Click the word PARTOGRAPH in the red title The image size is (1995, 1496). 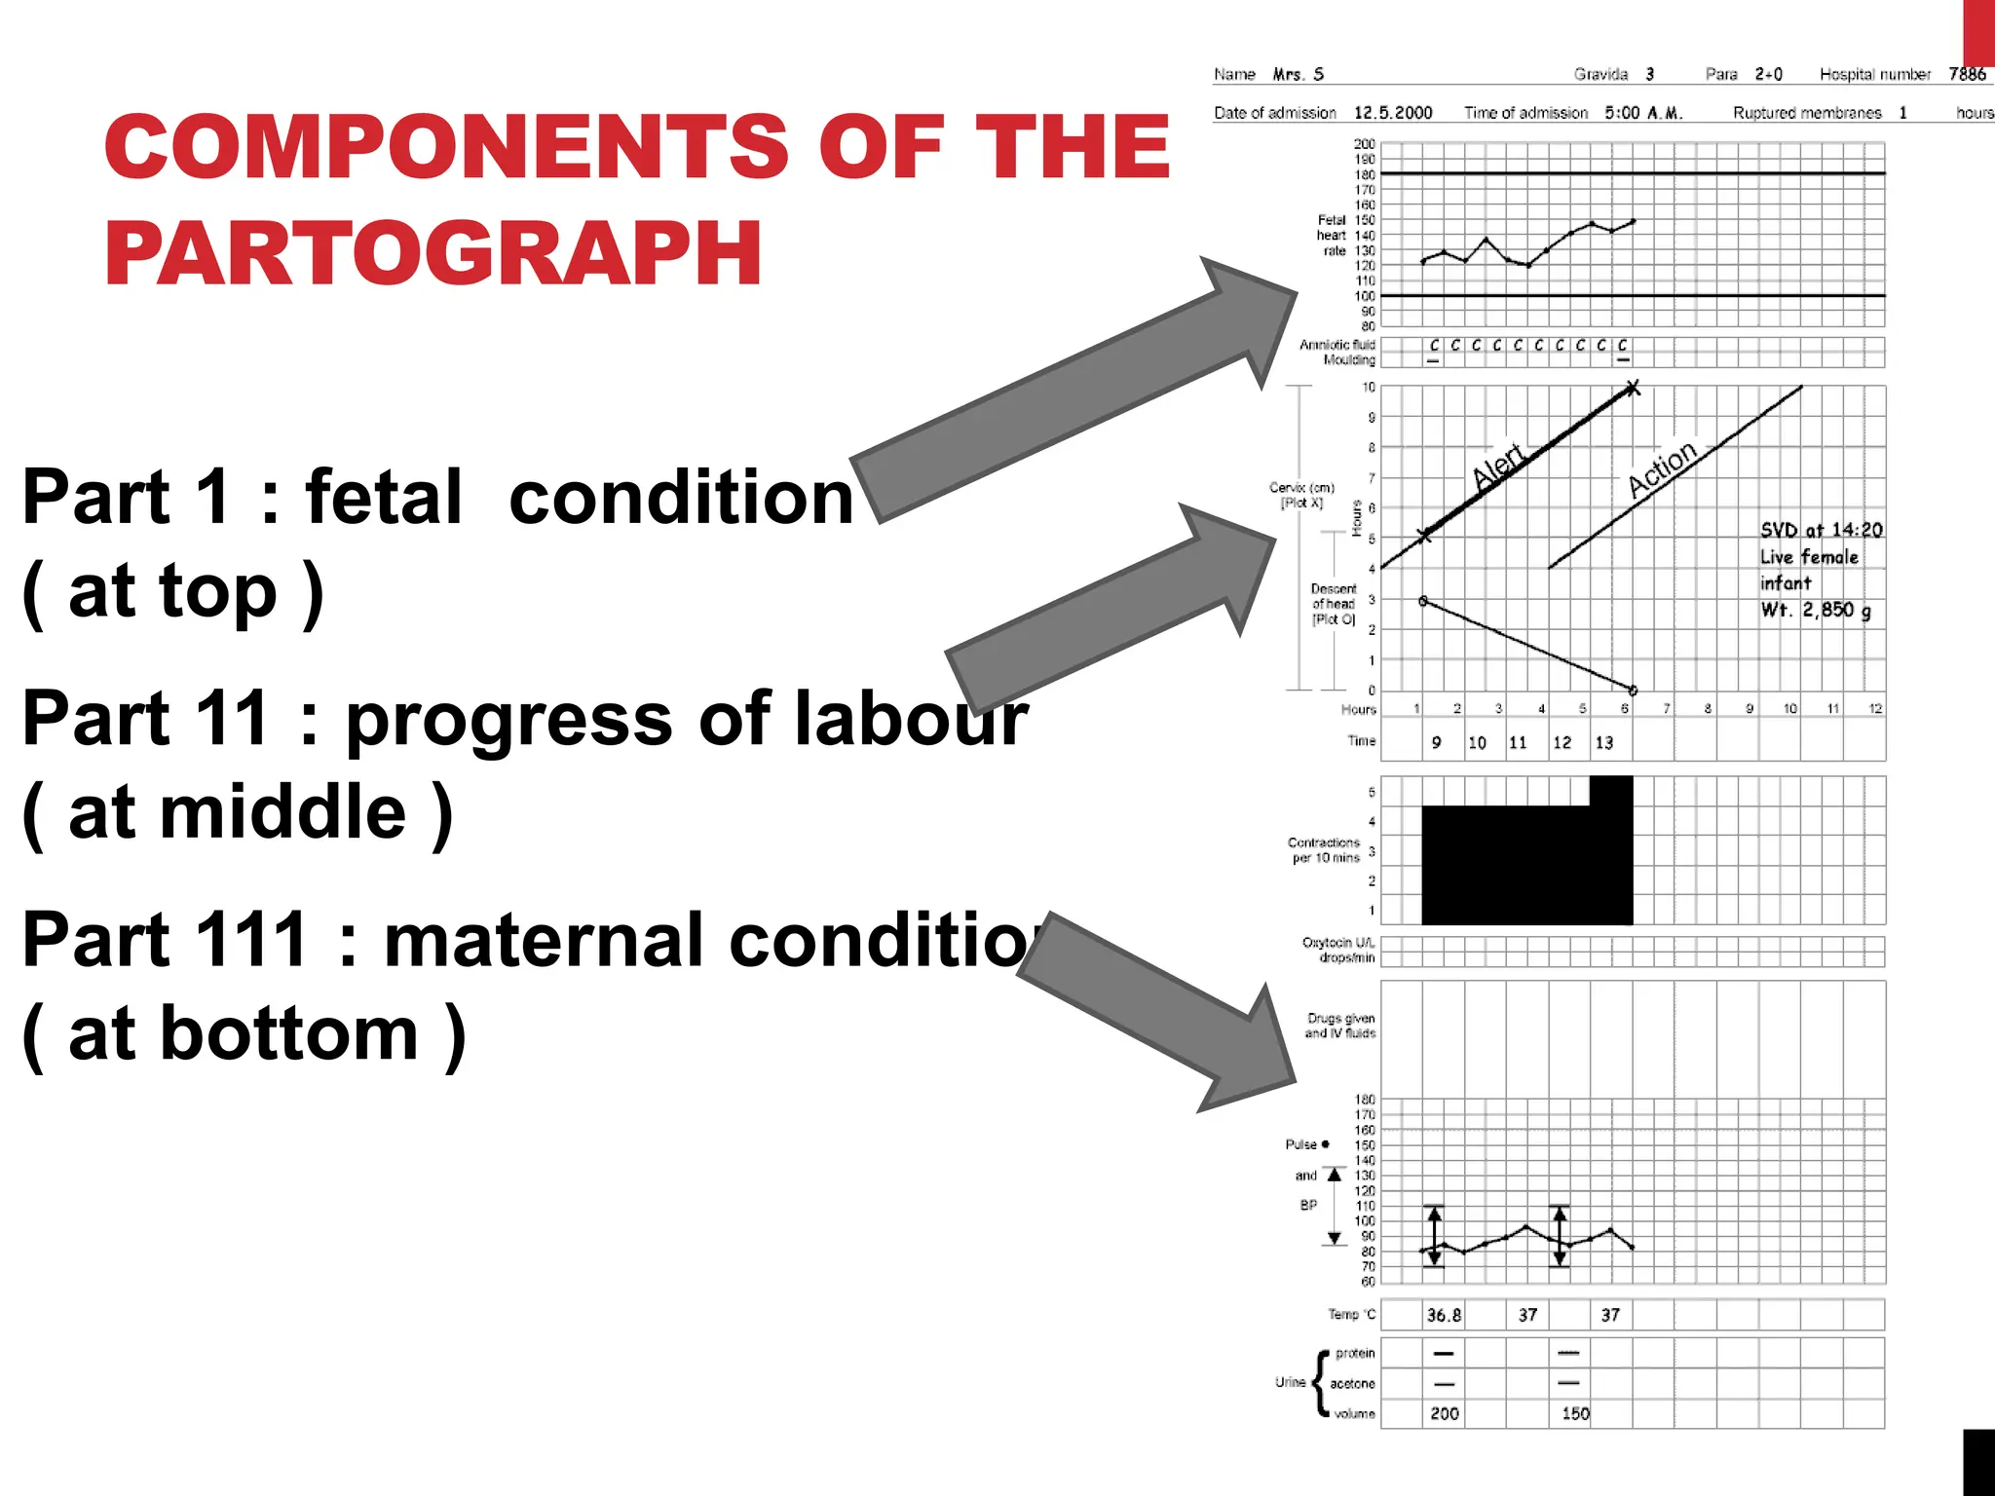(x=433, y=253)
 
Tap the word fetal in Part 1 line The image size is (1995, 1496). (x=384, y=498)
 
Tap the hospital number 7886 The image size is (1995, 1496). (x=1967, y=74)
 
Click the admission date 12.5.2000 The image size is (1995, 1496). (x=1393, y=113)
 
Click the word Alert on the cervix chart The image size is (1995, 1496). (x=1498, y=466)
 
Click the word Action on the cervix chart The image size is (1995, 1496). (x=1662, y=468)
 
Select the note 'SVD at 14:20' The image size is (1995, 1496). (x=1821, y=530)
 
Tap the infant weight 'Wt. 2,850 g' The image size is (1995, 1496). (x=1815, y=611)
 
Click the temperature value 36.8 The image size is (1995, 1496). (x=1444, y=1315)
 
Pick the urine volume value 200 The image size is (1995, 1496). (x=1445, y=1413)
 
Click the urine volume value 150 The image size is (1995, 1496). (x=1575, y=1413)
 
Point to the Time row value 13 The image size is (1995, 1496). (x=1603, y=743)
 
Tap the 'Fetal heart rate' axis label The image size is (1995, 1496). (x=1332, y=236)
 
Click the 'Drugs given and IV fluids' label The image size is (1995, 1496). (x=1340, y=1026)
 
